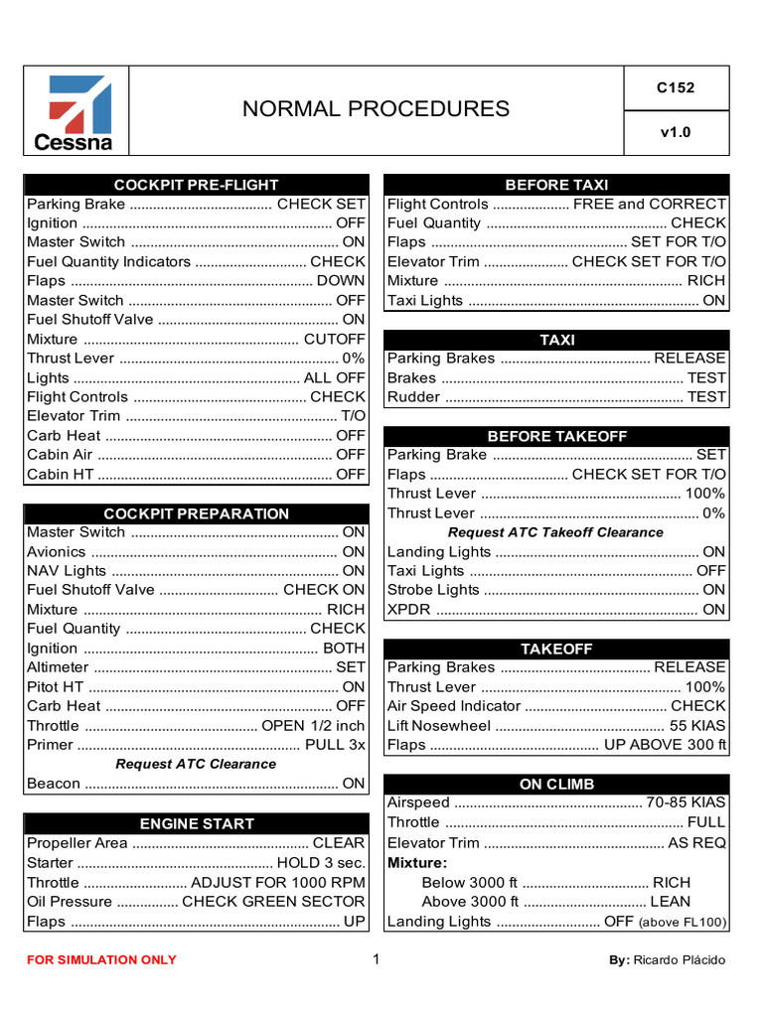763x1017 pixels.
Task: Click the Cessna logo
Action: point(76,111)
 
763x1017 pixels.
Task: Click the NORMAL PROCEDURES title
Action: point(376,109)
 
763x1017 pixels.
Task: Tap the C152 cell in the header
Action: point(676,87)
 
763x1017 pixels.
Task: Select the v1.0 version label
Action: point(676,132)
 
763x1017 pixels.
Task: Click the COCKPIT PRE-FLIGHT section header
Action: point(196,185)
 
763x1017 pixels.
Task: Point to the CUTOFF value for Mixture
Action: point(335,339)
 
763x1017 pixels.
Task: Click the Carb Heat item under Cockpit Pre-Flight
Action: point(64,435)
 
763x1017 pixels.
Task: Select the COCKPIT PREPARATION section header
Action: point(196,513)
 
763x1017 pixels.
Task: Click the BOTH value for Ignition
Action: point(344,648)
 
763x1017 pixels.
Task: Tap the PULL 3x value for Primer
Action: point(335,745)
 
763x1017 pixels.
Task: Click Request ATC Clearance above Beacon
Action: point(196,764)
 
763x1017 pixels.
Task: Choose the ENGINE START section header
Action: point(196,823)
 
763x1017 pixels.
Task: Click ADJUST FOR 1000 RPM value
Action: point(278,882)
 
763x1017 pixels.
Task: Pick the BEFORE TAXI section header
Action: point(556,185)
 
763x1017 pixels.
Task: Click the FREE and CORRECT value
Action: point(650,204)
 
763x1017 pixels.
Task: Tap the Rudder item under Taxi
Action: point(412,396)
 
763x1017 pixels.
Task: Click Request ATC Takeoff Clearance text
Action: point(555,532)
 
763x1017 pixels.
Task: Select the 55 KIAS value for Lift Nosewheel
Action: point(697,725)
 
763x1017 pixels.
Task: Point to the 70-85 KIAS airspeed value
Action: point(687,802)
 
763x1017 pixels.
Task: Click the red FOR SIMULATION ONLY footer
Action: point(101,959)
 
